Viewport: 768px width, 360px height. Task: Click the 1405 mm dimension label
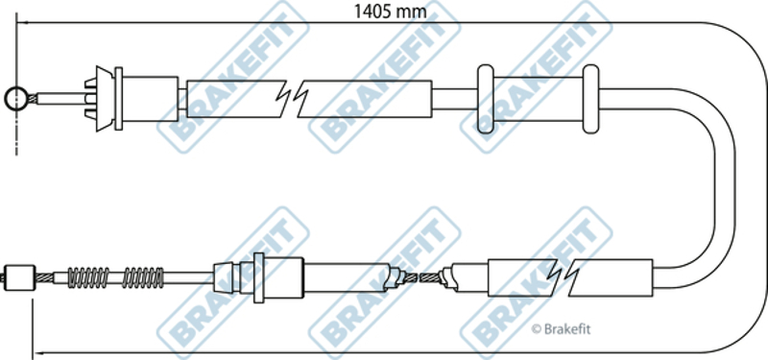[x=391, y=11]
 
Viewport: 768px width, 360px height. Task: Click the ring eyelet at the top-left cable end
[x=16, y=99]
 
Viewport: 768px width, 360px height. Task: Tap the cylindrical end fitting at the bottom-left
[x=19, y=277]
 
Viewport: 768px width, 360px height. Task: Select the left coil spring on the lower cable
[x=88, y=277]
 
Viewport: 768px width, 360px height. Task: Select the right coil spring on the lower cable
[x=143, y=277]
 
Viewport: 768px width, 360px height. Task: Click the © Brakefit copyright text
[x=561, y=329]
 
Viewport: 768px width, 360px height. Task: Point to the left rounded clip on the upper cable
[x=486, y=99]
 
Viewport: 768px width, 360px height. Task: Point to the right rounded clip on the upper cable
[x=590, y=99]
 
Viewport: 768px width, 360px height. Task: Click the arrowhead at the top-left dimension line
[x=21, y=22]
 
